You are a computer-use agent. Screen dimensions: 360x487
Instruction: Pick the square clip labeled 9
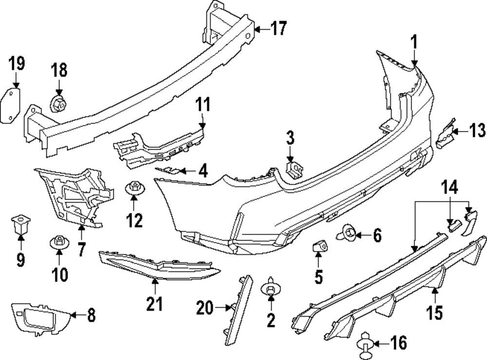point(20,225)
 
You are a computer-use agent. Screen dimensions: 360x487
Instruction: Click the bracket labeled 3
point(294,169)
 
